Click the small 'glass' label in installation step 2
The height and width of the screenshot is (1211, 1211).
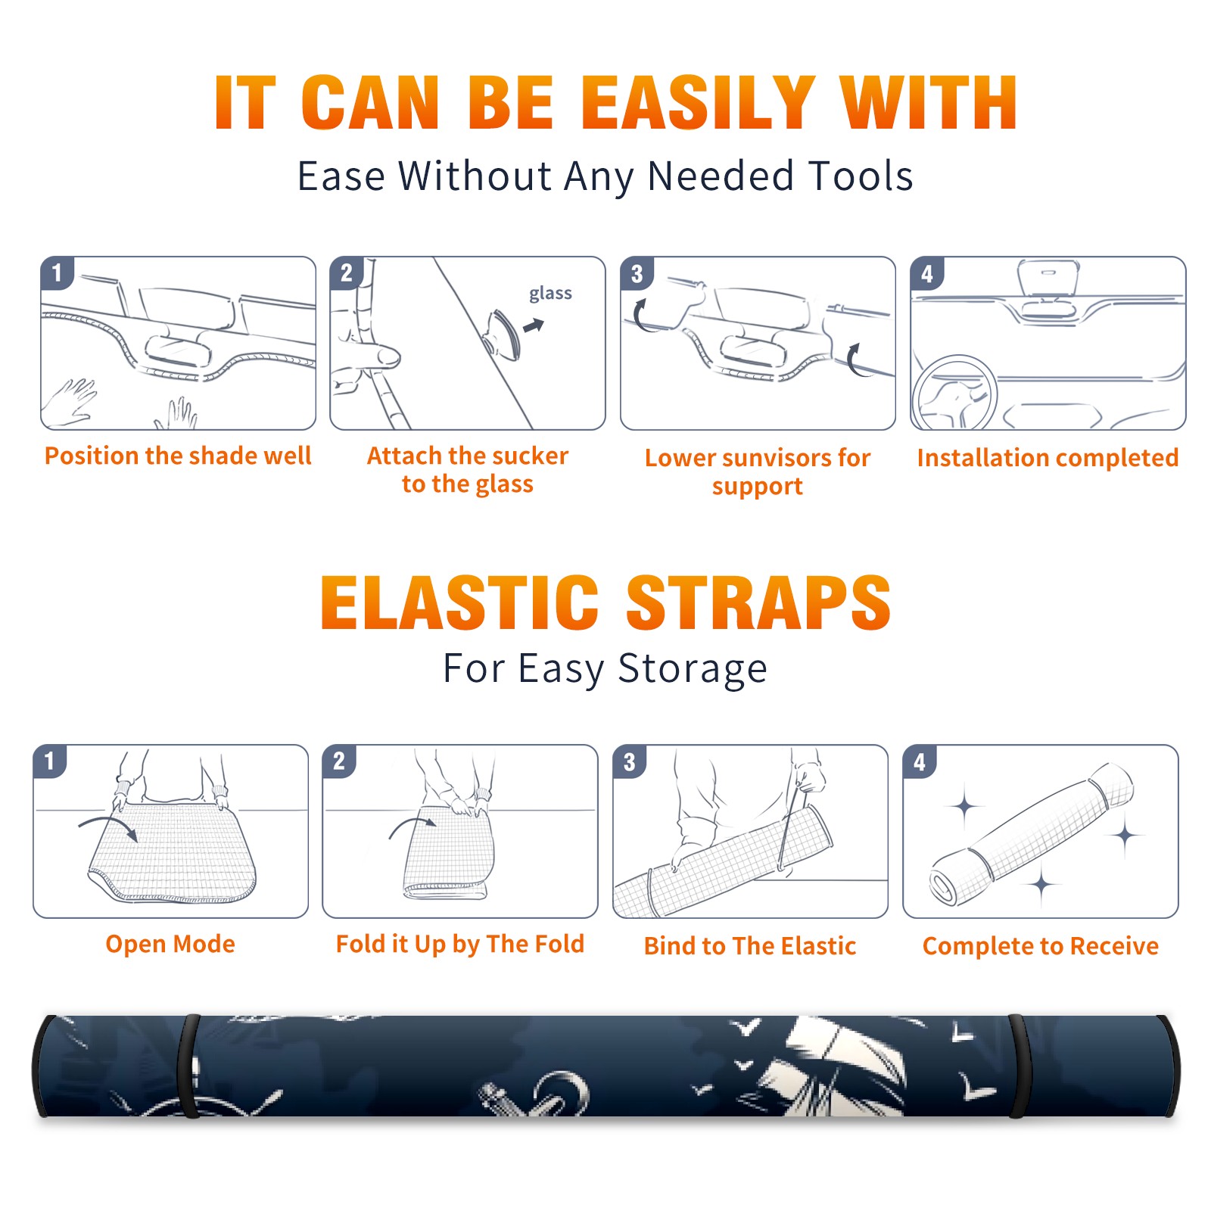[x=550, y=294]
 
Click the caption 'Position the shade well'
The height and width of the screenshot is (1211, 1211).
[x=178, y=456]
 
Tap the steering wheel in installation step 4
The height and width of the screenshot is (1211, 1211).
[x=954, y=394]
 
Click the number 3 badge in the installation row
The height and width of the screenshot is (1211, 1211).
[x=637, y=273]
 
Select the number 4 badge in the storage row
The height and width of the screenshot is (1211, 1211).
[x=920, y=761]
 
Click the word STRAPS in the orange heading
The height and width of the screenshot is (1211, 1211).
[x=758, y=602]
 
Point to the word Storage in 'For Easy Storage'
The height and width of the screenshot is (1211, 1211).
[x=693, y=669]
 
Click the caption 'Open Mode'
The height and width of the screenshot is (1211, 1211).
[x=170, y=944]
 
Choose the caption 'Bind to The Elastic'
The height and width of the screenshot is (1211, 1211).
[x=750, y=946]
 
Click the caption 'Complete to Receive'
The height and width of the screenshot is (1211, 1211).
[x=1041, y=946]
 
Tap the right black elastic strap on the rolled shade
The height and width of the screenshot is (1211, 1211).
[x=1018, y=1066]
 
